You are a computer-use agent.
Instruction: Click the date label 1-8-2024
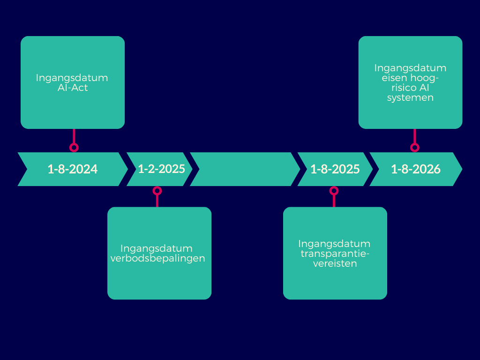pos(73,169)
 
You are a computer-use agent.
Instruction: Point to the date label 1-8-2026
pos(416,169)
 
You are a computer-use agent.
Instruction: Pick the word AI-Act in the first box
pos(72,88)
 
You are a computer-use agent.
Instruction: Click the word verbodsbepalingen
pos(157,258)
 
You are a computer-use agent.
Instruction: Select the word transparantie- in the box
pos(334,254)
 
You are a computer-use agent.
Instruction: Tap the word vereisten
pos(335,263)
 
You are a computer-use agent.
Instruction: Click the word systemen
pos(410,98)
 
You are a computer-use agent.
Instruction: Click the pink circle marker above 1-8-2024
pos(74,147)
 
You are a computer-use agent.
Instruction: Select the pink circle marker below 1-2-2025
pos(157,191)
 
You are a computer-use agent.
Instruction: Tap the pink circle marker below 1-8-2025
pos(334,191)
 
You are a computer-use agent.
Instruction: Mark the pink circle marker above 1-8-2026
pos(414,147)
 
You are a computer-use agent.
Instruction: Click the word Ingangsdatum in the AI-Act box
pos(72,78)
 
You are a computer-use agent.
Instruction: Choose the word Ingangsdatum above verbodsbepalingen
pos(157,248)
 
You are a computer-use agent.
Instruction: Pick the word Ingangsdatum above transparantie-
pos(334,244)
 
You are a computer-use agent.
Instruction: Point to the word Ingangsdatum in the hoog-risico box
pos(410,68)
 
